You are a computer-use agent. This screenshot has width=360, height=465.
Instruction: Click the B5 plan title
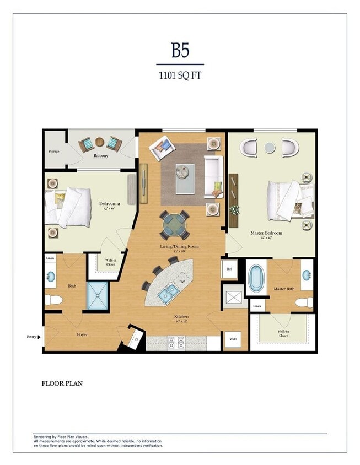pyautogui.click(x=180, y=51)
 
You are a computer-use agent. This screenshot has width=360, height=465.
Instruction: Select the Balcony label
pyautogui.click(x=100, y=156)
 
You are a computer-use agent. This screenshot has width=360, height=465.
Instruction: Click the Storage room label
pyautogui.click(x=53, y=151)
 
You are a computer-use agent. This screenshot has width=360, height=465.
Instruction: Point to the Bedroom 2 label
pyautogui.click(x=109, y=203)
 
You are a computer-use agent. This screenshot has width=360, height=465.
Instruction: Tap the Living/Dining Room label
pyautogui.click(x=179, y=246)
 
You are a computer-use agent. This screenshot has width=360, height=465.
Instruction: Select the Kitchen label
pyautogui.click(x=181, y=317)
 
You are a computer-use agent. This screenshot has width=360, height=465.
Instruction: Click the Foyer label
pyautogui.click(x=82, y=334)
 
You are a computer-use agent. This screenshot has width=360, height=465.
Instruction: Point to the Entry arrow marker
pyautogui.click(x=40, y=337)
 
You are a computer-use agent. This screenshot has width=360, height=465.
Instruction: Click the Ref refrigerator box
pyautogui.click(x=229, y=269)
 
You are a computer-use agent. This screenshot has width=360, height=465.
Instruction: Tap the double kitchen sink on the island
pyautogui.click(x=167, y=293)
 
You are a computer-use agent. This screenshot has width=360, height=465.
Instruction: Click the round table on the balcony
pyautogui.click(x=99, y=142)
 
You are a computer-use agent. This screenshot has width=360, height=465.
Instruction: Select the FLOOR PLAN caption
pyautogui.click(x=62, y=383)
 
